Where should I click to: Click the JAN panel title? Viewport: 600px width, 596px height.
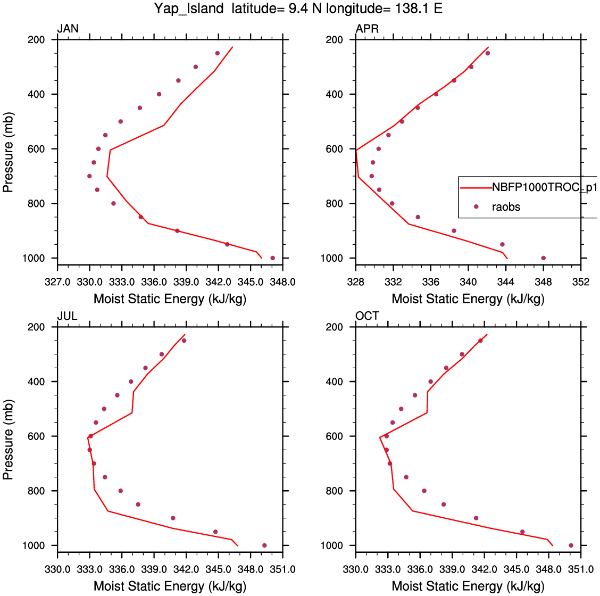68,29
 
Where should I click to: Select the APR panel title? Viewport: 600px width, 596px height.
367,29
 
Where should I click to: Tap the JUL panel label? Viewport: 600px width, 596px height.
67,316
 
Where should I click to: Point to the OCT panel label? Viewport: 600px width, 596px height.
367,316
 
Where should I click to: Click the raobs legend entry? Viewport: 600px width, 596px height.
506,207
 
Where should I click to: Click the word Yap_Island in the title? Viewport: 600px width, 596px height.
189,9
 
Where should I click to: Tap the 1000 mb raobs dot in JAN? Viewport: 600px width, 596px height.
272,258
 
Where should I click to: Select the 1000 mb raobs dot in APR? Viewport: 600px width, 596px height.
543,258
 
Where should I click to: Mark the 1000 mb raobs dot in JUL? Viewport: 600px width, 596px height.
264,545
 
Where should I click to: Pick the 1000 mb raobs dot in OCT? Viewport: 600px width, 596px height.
571,545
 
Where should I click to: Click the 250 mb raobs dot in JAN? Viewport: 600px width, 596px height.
217,53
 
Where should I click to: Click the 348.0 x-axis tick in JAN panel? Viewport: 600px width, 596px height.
282,282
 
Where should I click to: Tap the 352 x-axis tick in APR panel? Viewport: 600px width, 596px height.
581,282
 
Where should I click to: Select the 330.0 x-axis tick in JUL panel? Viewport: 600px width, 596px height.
57,569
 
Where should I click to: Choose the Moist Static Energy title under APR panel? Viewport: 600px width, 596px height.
468,299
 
